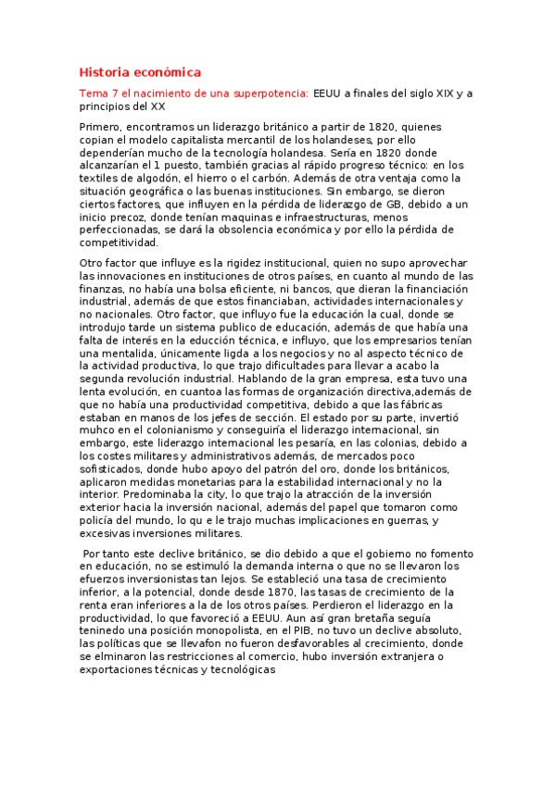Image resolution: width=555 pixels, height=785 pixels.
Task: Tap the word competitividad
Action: (120, 243)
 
